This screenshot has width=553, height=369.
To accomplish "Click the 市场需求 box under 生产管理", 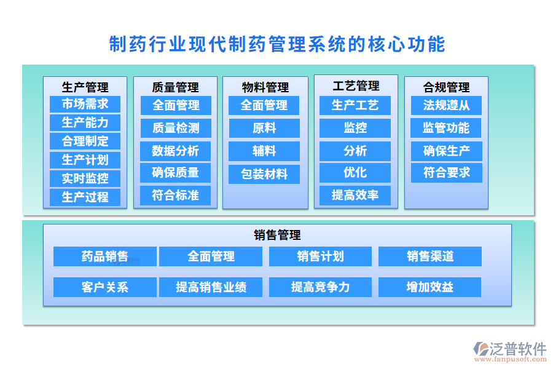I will [85, 104].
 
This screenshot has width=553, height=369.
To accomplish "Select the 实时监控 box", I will [85, 178].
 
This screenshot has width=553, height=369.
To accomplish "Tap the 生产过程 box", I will [85, 197].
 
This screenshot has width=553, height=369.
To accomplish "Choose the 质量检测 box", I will [175, 128].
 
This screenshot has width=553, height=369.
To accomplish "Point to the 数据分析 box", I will [175, 151].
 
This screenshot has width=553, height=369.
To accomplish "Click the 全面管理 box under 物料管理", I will [264, 105].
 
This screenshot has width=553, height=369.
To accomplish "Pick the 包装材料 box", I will [264, 174].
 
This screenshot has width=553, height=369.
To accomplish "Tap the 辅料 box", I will [264, 151].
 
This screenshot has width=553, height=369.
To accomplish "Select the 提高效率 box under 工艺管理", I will [355, 196].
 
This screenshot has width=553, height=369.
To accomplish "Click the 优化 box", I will [355, 172].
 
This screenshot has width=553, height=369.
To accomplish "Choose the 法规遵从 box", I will [446, 105].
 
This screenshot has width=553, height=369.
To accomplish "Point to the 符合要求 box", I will [446, 173].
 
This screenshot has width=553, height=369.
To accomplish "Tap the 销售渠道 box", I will [429, 256].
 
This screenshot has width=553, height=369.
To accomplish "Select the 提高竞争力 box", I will [320, 287].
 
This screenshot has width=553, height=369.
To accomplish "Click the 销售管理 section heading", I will [276, 235].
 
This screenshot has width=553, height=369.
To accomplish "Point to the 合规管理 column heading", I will [446, 87].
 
